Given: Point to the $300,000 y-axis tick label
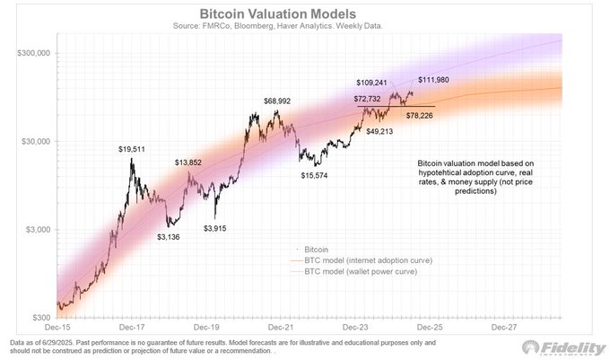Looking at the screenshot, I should coord(32,54).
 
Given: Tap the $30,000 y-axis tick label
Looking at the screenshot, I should coord(35,142).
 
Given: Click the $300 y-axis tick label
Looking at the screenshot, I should coord(41,318).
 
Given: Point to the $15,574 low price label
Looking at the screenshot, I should coord(318,175).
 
